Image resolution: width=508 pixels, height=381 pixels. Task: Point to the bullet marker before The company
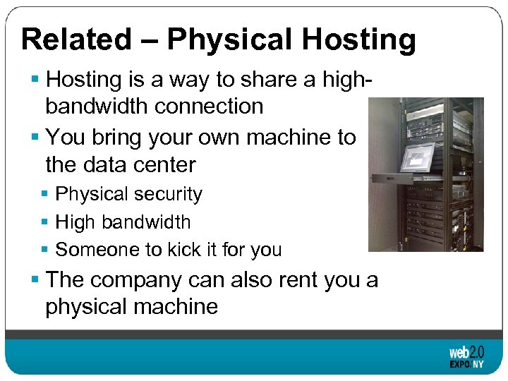36,280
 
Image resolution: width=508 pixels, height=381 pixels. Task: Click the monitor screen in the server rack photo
417,157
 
